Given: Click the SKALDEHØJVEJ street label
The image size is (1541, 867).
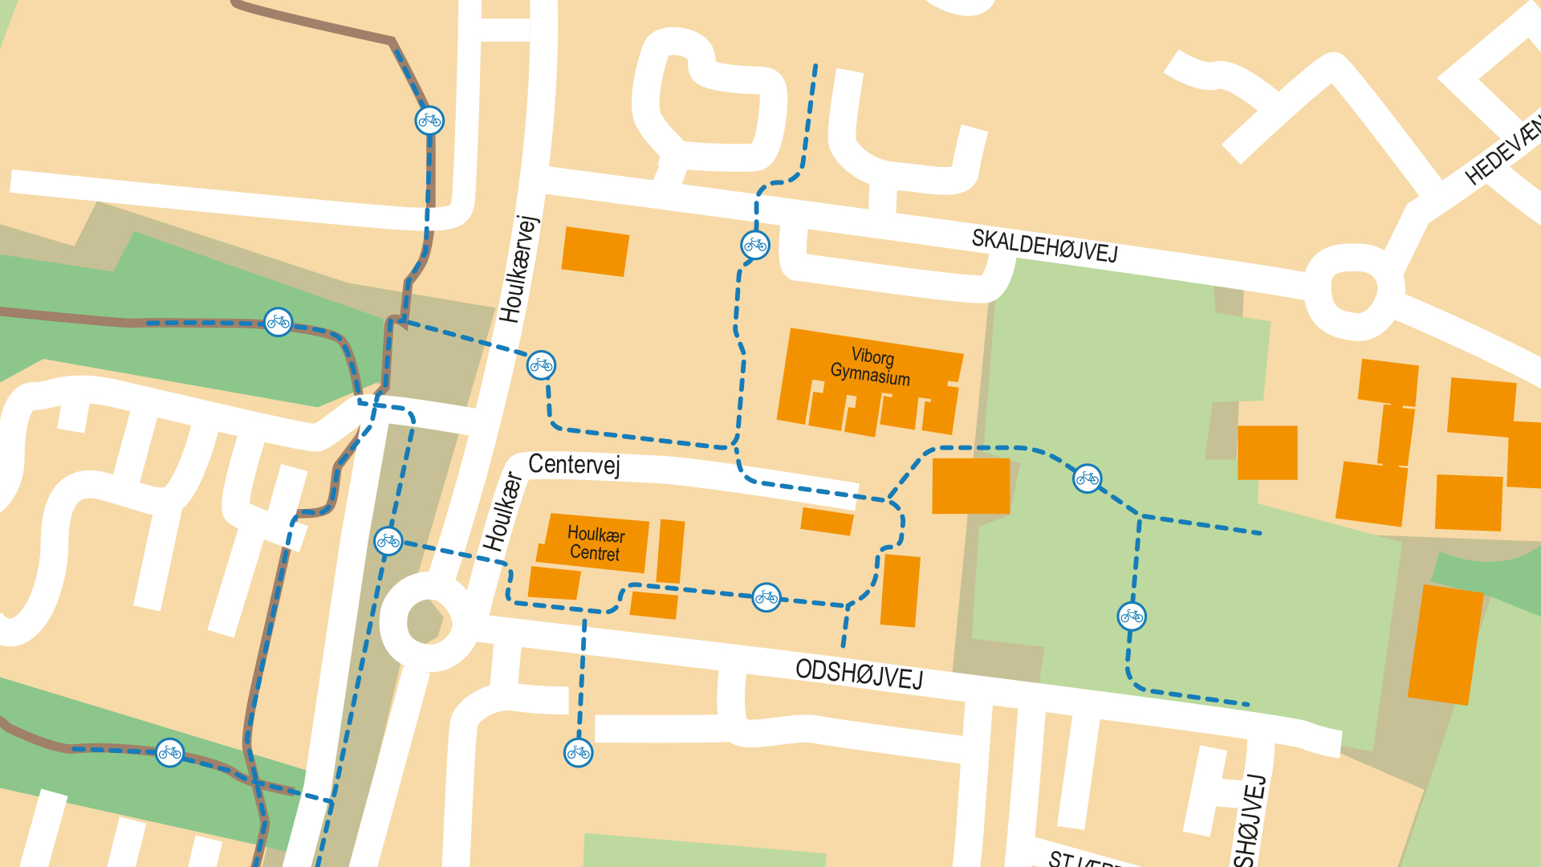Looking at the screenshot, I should (x=1044, y=245).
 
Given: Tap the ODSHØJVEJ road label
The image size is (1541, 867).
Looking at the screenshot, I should (x=859, y=674).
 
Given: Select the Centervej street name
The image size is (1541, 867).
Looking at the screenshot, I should (x=574, y=465).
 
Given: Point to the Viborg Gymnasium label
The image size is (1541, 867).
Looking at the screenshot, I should (x=871, y=367).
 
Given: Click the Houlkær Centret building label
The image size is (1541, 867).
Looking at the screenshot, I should (x=595, y=543).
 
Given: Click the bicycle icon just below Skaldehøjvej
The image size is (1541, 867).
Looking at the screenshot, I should (x=755, y=245).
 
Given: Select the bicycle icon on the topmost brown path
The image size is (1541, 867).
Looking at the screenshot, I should (x=429, y=120).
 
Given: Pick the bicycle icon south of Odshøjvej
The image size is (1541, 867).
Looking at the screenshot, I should (x=578, y=752).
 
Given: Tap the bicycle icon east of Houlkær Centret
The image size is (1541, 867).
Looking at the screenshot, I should (x=766, y=597).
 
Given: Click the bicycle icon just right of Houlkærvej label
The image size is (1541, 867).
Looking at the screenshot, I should (x=541, y=365).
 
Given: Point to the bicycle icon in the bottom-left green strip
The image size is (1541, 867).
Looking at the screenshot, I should (x=169, y=752).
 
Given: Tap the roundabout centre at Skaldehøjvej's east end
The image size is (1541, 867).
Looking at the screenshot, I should (x=1354, y=291).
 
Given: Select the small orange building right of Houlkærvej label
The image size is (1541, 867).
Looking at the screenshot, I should (x=595, y=251).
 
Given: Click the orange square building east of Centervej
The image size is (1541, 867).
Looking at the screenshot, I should (x=970, y=486).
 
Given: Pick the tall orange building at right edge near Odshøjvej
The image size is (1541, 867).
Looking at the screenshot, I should (x=1445, y=645).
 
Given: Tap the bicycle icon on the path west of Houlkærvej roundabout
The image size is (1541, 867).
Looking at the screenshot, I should (x=388, y=540).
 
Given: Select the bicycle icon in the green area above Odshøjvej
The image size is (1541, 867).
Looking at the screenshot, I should (x=1132, y=616).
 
